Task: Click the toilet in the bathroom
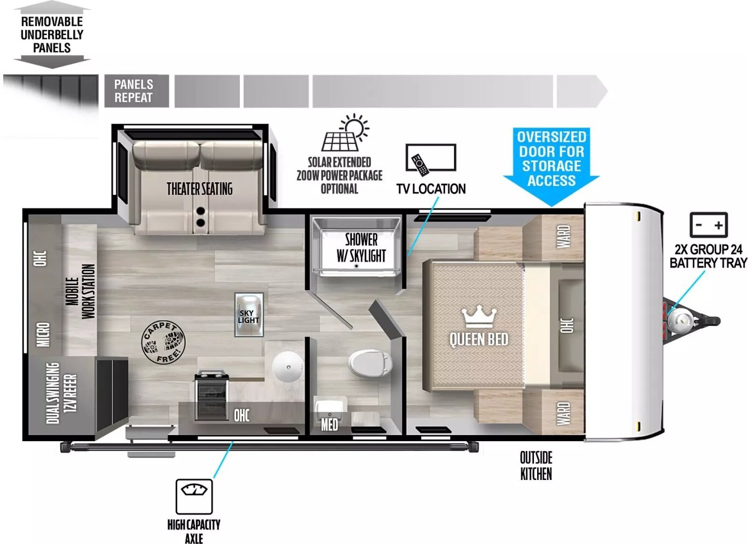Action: coord(370,363)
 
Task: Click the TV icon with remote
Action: coord(431,159)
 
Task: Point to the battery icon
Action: coord(709,224)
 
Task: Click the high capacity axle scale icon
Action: coord(194,496)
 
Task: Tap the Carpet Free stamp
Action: coord(163,343)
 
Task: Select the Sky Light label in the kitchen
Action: coord(249,316)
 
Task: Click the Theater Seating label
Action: coord(200,189)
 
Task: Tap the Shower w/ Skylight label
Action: coord(361,247)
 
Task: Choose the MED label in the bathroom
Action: coord(329,425)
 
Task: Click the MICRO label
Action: coord(44,334)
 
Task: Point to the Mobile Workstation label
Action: coord(80,291)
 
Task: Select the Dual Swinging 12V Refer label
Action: coord(61,393)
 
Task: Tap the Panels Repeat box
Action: coord(136,91)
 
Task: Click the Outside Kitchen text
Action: coord(536,466)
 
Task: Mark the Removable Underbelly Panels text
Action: coord(52,34)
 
